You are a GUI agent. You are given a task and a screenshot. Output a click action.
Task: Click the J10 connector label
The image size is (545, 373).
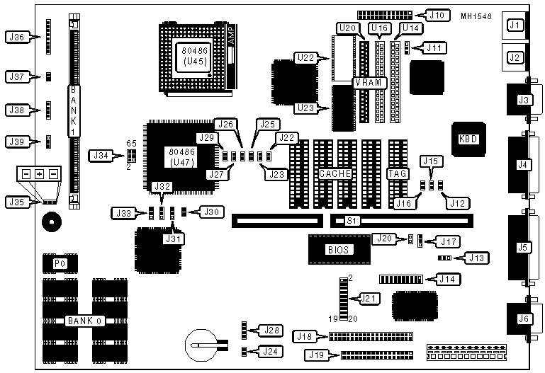(x=437, y=15)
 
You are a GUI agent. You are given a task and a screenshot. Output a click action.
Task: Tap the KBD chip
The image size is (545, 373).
(x=468, y=139)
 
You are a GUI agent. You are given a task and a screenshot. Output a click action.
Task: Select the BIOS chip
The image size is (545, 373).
(x=337, y=249)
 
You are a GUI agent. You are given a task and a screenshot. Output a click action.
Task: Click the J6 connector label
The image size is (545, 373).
(x=523, y=319)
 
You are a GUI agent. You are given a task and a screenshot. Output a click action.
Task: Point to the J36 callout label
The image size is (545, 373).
(x=16, y=38)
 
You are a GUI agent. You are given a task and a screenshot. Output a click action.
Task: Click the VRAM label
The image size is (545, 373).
(x=369, y=82)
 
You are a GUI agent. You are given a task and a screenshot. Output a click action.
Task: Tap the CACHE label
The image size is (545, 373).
(x=332, y=173)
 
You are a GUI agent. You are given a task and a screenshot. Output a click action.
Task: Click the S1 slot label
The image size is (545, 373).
(x=349, y=222)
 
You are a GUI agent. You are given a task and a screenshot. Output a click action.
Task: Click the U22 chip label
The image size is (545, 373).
(x=306, y=57)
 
